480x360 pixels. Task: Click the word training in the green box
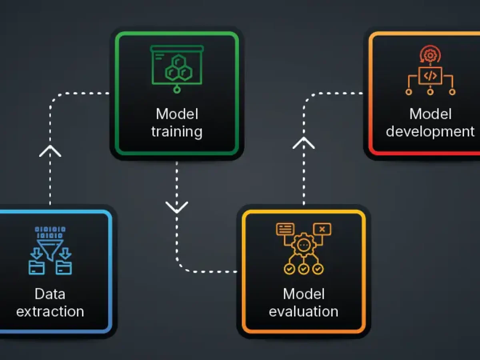(177, 132)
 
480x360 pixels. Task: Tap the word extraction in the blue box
(50, 311)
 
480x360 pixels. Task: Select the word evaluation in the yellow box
(304, 311)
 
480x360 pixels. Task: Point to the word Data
(50, 294)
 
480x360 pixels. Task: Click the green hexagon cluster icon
(179, 68)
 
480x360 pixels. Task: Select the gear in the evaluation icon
(304, 245)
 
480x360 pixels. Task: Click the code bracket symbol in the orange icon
(430, 76)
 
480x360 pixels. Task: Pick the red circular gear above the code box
(430, 55)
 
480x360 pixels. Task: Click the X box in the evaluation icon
(322, 229)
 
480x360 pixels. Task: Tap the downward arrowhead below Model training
(177, 207)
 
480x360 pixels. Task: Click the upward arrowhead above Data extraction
(50, 151)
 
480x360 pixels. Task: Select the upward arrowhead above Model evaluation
(304, 143)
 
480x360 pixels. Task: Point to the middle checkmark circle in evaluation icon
(304, 269)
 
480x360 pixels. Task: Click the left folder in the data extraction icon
(37, 267)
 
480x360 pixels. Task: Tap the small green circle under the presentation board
(177, 90)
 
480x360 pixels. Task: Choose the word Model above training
(177, 114)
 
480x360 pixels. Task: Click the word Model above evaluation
(304, 294)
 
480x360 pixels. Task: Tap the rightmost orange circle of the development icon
(452, 92)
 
